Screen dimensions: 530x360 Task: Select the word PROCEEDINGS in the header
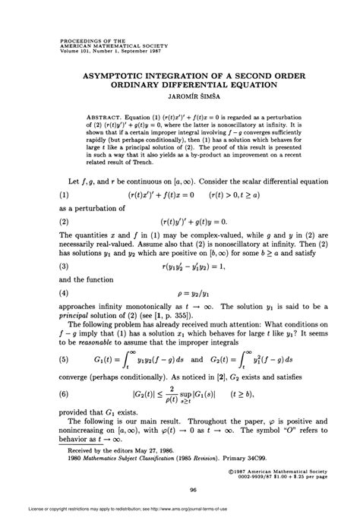click(x=75, y=35)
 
